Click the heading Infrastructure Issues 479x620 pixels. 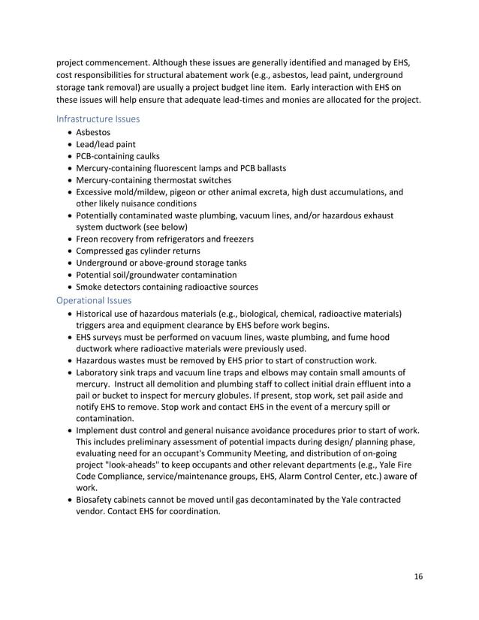tap(98, 118)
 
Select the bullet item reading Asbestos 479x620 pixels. tap(94, 131)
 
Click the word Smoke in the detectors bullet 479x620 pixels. tap(90, 287)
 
